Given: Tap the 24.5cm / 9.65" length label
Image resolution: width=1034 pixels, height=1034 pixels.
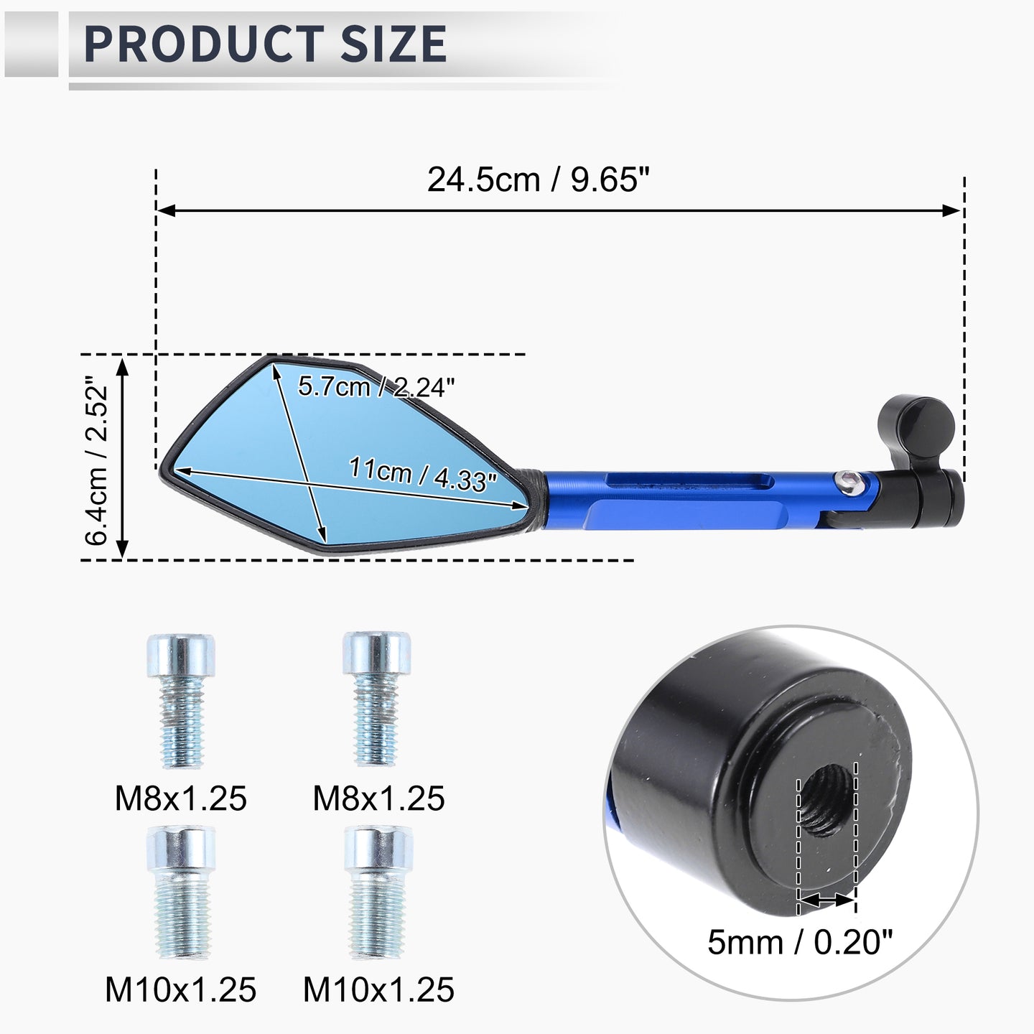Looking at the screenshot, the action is [539, 180].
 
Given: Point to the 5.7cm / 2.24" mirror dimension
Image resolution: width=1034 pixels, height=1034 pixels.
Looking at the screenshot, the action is [376, 386].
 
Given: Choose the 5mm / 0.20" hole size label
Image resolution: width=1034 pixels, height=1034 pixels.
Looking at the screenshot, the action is [799, 941].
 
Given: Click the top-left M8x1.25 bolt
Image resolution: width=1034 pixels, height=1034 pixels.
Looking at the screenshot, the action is [182, 700].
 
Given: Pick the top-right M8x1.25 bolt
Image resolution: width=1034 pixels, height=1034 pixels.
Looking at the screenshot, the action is [377, 699].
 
